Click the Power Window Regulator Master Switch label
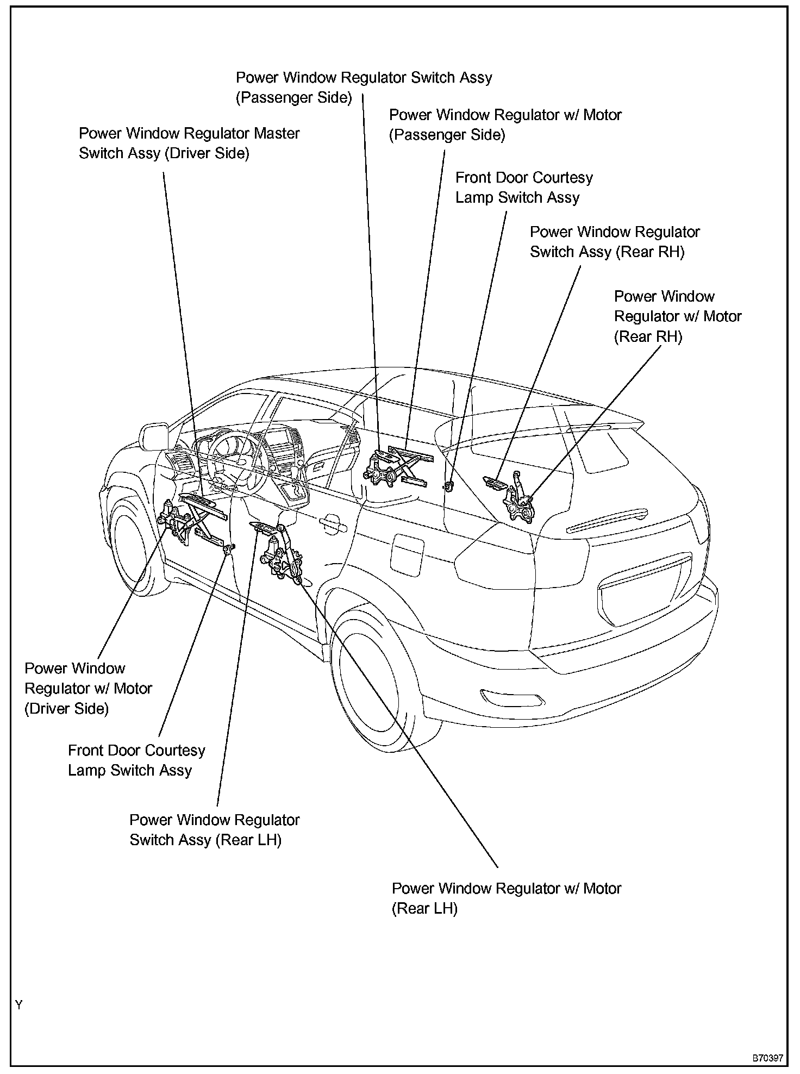click(x=189, y=143)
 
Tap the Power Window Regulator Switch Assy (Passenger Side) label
click(x=364, y=88)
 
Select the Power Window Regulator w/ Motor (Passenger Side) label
click(x=505, y=124)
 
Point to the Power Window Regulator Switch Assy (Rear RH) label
click(x=615, y=242)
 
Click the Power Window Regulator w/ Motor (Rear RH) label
click(x=677, y=316)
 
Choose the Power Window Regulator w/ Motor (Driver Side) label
click(x=88, y=688)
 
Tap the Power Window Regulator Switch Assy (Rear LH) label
click(x=214, y=830)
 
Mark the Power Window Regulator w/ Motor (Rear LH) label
click(x=506, y=898)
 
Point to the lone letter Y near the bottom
click(x=19, y=1005)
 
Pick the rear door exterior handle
click(x=333, y=524)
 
